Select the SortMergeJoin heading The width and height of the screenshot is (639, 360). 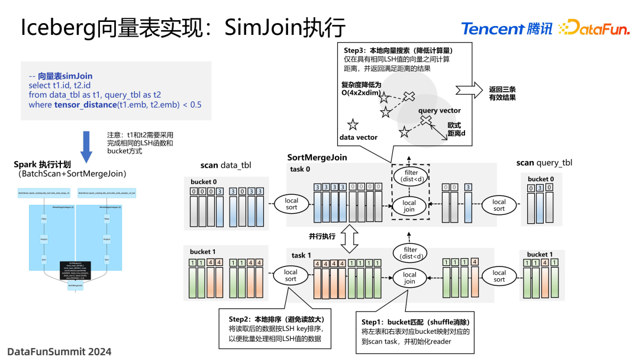coord(317,157)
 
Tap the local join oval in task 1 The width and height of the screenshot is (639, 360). coord(409,278)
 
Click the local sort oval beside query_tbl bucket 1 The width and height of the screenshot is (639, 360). coord(499,277)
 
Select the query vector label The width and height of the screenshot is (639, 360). coord(439,111)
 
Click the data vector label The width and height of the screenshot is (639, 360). coord(358,137)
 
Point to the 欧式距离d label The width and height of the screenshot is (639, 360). coord(456,130)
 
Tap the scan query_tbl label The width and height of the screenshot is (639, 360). coord(544,163)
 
